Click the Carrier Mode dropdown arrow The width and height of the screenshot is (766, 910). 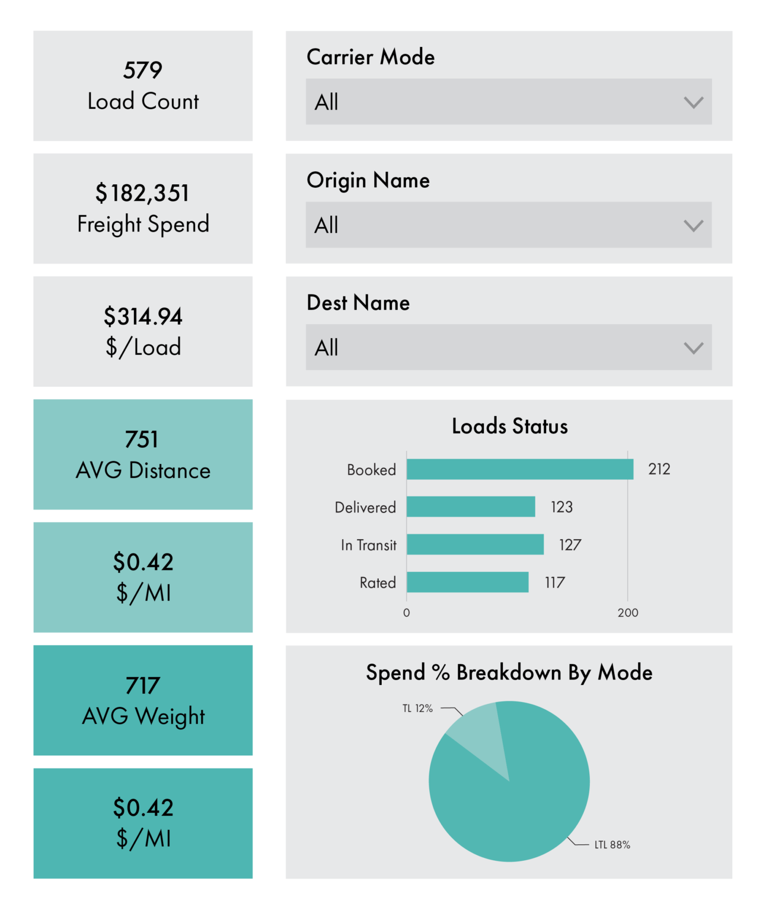click(693, 102)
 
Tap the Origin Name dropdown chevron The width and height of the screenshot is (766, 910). click(693, 226)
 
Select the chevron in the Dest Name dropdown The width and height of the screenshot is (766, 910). click(693, 348)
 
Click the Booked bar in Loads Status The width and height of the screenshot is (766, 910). click(519, 469)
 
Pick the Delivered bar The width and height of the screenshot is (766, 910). click(471, 507)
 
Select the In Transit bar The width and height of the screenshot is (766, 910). click(475, 544)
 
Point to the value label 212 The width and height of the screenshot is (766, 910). click(659, 469)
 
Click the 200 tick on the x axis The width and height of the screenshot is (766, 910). click(628, 613)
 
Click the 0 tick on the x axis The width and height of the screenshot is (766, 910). click(406, 613)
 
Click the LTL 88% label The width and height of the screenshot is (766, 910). click(612, 845)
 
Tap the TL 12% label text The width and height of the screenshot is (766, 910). click(417, 708)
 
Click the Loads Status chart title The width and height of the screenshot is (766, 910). click(509, 426)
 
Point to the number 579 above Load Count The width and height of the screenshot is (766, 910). click(143, 70)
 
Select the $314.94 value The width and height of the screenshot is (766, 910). click(143, 316)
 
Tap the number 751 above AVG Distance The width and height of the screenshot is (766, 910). click(141, 439)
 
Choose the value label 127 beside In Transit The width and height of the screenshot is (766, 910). click(570, 544)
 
